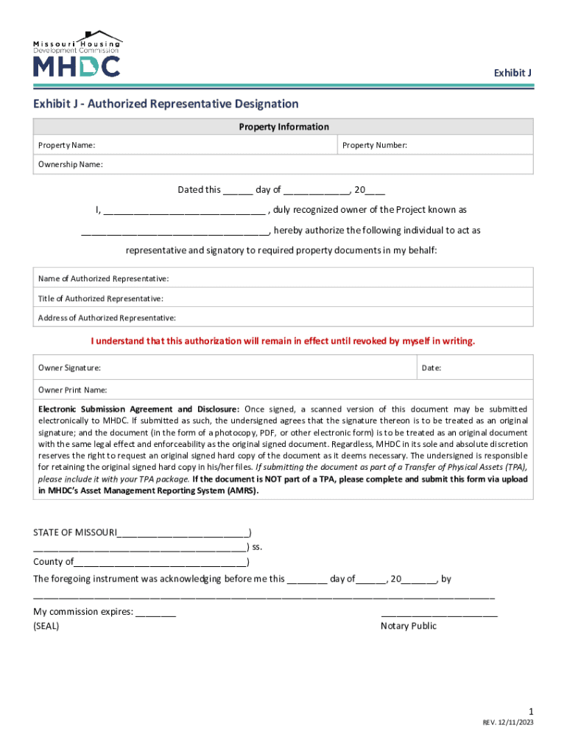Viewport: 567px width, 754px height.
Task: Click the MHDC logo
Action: click(77, 54)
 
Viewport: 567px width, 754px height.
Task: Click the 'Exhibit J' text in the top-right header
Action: click(513, 73)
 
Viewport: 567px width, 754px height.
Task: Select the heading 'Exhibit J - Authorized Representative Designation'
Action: click(166, 104)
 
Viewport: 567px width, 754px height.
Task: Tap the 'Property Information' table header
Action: click(283, 127)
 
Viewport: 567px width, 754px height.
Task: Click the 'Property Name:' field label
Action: click(66, 146)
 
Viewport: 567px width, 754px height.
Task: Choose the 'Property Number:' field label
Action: click(375, 146)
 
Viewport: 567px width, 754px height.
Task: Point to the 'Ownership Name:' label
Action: click(71, 164)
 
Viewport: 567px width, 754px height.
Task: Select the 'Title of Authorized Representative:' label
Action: click(101, 298)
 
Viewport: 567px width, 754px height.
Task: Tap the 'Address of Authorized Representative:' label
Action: click(107, 318)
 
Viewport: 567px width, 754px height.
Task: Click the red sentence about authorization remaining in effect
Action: click(283, 341)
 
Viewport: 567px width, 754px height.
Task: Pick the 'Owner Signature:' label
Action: click(70, 367)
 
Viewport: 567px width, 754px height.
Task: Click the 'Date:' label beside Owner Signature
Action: click(432, 367)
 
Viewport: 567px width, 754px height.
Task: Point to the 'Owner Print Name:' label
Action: click(73, 390)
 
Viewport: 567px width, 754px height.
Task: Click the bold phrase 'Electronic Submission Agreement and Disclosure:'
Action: click(138, 409)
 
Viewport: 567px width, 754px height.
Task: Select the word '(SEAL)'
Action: click(46, 626)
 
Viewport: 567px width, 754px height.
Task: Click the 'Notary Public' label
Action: click(409, 626)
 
